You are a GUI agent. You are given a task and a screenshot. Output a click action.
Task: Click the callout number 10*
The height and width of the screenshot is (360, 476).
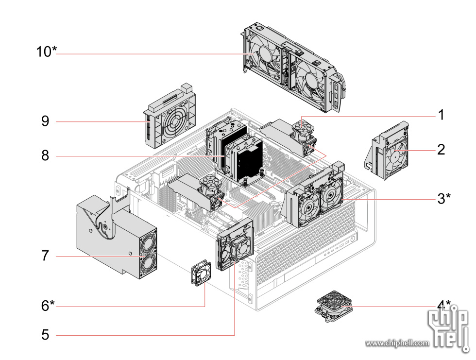pyautogui.click(x=47, y=51)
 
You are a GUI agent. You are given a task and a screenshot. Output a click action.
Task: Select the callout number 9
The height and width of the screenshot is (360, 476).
pyautogui.click(x=45, y=121)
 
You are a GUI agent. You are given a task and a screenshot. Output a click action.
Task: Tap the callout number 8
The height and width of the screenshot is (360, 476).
pyautogui.click(x=45, y=156)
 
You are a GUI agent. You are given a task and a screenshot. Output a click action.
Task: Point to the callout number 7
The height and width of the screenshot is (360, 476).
pyautogui.click(x=45, y=256)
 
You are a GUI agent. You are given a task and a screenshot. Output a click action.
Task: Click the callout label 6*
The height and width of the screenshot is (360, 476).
pyautogui.click(x=48, y=306)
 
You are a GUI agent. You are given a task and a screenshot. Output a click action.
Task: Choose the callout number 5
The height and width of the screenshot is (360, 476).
pyautogui.click(x=45, y=335)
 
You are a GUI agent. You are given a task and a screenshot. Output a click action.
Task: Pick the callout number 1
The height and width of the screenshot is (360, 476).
pyautogui.click(x=441, y=115)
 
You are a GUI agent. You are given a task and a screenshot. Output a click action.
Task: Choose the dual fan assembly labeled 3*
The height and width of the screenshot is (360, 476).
pyautogui.click(x=316, y=199)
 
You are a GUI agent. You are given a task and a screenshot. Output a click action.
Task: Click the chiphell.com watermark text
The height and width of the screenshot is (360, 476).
pyautogui.click(x=397, y=343)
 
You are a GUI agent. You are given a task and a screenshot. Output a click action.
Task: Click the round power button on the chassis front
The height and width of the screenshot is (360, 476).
pyautogui.click(x=352, y=239)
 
